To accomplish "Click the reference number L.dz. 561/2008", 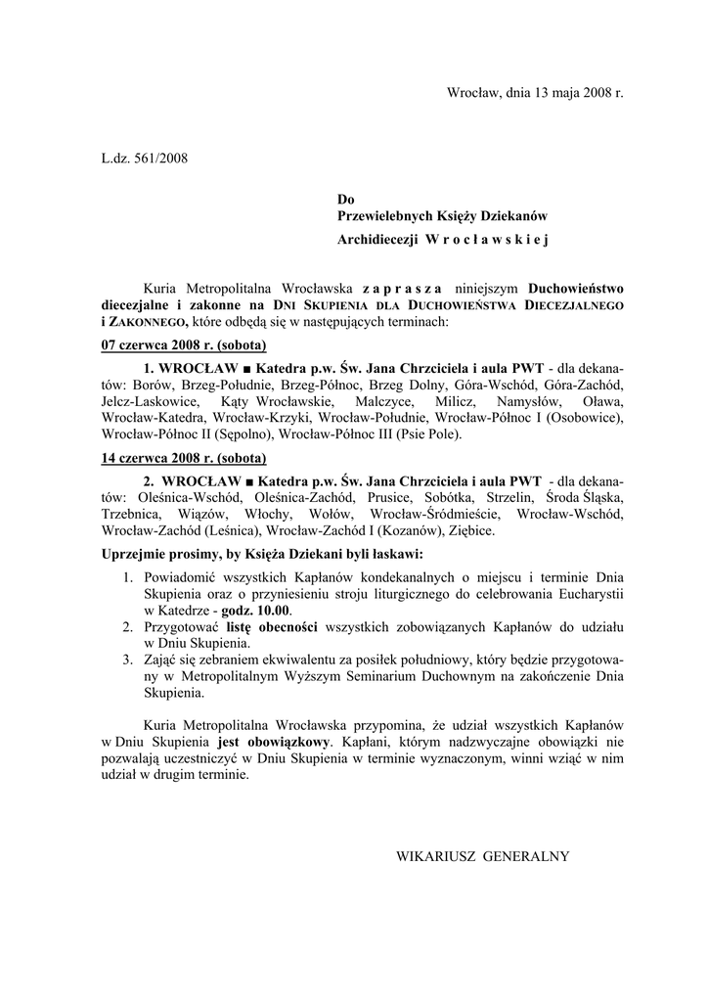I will pos(145,157).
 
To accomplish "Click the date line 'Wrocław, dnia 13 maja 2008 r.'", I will pos(535,93).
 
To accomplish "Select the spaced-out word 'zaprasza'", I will pos(401,289).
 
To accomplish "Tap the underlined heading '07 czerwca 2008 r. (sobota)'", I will pos(185,345).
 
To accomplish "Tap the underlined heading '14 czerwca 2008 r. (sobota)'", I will pos(185,457).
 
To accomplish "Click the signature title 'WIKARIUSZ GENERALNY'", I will pos(482,856).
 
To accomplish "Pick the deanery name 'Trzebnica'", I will pos(133,514).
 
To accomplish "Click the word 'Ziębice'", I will pos(471,530).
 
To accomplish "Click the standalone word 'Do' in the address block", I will pos(346,199).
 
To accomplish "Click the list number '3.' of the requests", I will pos(128,660).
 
